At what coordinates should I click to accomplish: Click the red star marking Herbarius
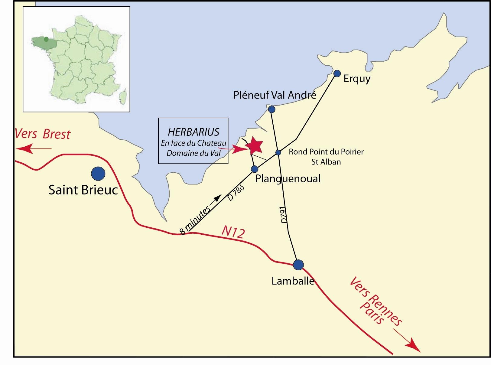[254, 145]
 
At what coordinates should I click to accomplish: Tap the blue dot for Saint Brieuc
[98, 174]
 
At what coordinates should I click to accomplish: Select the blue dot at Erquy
[337, 73]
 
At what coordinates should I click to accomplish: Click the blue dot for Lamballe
[298, 265]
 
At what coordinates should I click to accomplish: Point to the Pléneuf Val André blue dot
[272, 109]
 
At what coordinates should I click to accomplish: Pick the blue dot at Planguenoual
[255, 169]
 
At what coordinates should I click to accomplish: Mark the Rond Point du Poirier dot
[278, 153]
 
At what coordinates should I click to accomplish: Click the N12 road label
[233, 232]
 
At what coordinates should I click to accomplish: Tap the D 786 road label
[236, 194]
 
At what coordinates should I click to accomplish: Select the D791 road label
[283, 215]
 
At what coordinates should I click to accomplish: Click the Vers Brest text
[43, 134]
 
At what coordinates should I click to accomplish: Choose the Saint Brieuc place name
[83, 190]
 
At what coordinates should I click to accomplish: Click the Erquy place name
[357, 79]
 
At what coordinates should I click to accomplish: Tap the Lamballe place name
[293, 281]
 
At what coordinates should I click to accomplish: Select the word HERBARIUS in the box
[193, 132]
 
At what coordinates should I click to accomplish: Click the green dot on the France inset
[46, 39]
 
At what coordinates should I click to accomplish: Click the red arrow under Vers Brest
[33, 148]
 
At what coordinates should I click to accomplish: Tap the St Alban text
[326, 162]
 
